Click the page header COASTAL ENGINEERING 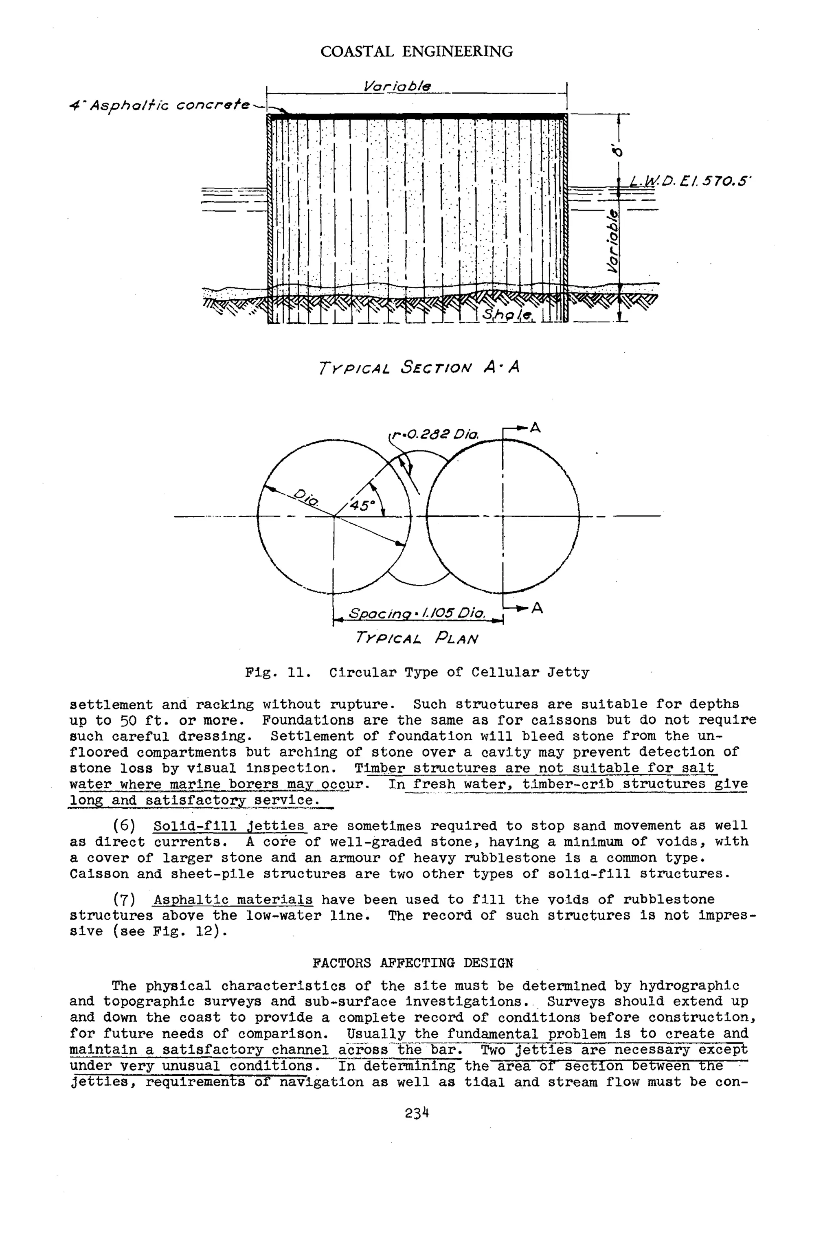(x=417, y=52)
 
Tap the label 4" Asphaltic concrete (x=160, y=105)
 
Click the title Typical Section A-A (x=419, y=368)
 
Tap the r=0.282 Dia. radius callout (x=435, y=435)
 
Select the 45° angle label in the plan (x=362, y=505)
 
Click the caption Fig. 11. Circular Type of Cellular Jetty (x=417, y=673)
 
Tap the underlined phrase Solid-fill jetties (x=229, y=826)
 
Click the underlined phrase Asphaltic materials (x=233, y=900)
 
